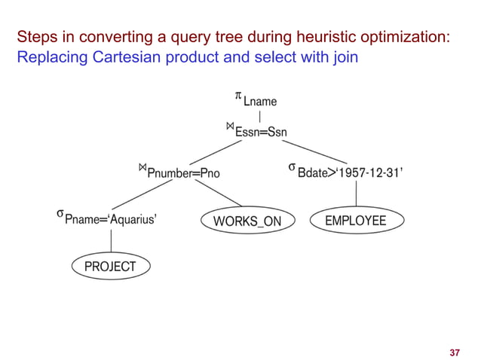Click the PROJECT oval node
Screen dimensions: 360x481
[110, 266]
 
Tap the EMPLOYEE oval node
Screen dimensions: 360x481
[355, 220]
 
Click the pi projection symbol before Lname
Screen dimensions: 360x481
[237, 96]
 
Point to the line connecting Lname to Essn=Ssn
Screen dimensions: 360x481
[260, 117]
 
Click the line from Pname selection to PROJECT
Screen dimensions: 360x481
[112, 241]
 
